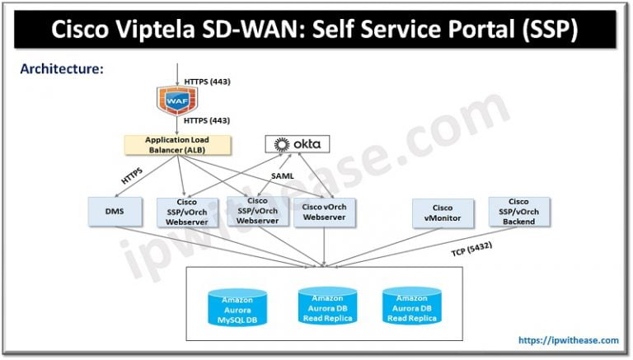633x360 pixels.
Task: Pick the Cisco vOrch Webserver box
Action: tap(324, 212)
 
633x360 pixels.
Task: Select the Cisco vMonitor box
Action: tap(443, 213)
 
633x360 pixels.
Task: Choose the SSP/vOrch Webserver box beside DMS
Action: tap(187, 213)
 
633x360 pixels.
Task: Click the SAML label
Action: tap(283, 175)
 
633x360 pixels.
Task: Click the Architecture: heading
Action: tap(62, 69)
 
